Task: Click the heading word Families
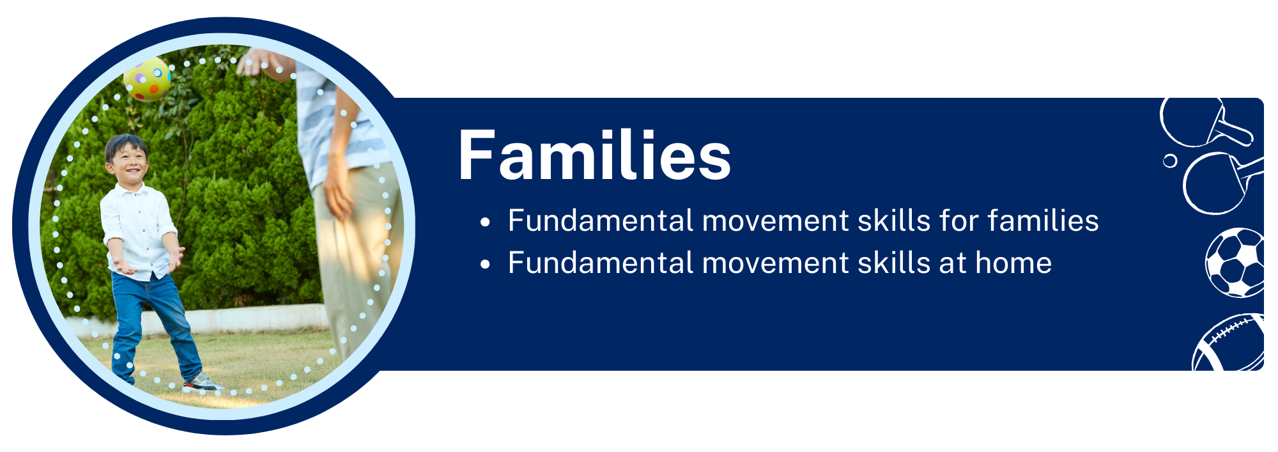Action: point(594,155)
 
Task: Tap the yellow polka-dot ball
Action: point(148,79)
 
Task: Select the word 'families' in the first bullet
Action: point(1043,221)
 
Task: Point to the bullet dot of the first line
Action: point(486,222)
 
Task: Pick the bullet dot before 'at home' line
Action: point(486,264)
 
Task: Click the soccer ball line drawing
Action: point(1235,262)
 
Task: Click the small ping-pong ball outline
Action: point(1170,160)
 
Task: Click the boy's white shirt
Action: point(138,231)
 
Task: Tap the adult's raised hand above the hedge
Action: point(257,62)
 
